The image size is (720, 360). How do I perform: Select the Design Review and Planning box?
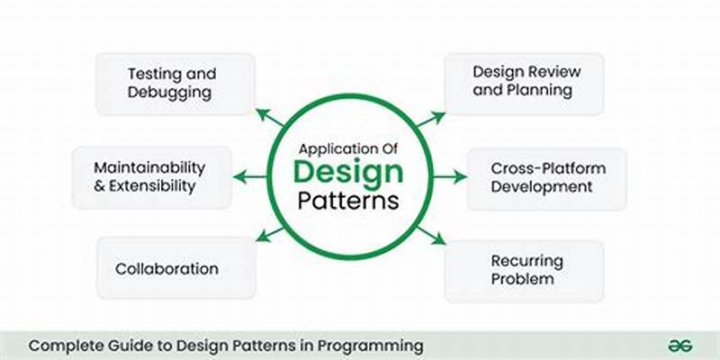(x=524, y=82)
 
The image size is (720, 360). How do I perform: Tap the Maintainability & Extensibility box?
(x=149, y=177)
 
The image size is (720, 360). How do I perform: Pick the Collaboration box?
(x=166, y=268)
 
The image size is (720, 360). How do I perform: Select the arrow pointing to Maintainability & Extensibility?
(x=249, y=177)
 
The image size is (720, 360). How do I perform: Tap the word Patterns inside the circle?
(x=348, y=200)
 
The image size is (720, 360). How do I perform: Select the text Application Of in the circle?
(x=348, y=148)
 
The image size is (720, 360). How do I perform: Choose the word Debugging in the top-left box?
(x=170, y=92)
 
